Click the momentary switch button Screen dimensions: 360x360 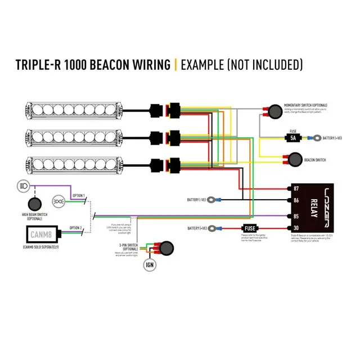coord(274,111)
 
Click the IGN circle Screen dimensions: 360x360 coord(150,264)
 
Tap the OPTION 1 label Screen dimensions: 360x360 coord(77,196)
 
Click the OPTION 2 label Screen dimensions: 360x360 coord(76,228)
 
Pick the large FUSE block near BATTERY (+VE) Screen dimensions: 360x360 coord(250,228)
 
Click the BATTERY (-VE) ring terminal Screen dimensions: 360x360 coord(213,199)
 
